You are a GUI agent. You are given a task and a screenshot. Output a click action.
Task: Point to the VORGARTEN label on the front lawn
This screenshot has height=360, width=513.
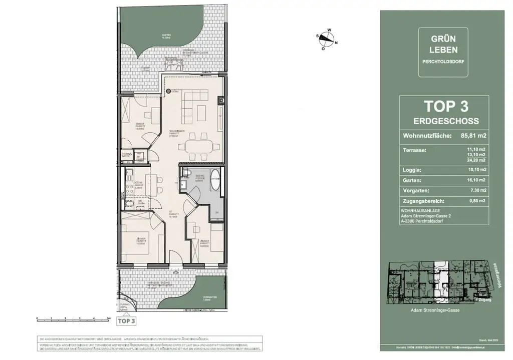click(210, 297)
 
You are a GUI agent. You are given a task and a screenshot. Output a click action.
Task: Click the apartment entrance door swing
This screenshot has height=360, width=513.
click(175, 259)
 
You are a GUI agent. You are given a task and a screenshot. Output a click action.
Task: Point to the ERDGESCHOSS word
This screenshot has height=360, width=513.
click(446, 121)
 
